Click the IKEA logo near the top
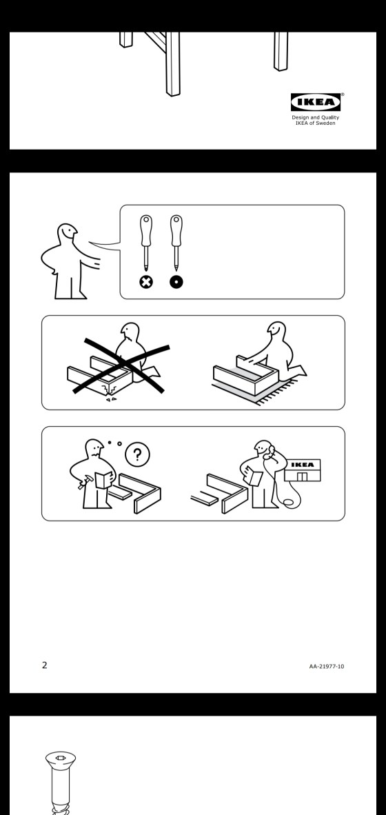315,102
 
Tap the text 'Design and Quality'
315,117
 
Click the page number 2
45,665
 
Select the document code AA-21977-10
326,666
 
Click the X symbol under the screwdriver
147,282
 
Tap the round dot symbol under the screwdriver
176,282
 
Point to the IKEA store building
303,470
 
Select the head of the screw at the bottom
60,759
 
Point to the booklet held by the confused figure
103,479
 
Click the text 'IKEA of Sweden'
315,123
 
